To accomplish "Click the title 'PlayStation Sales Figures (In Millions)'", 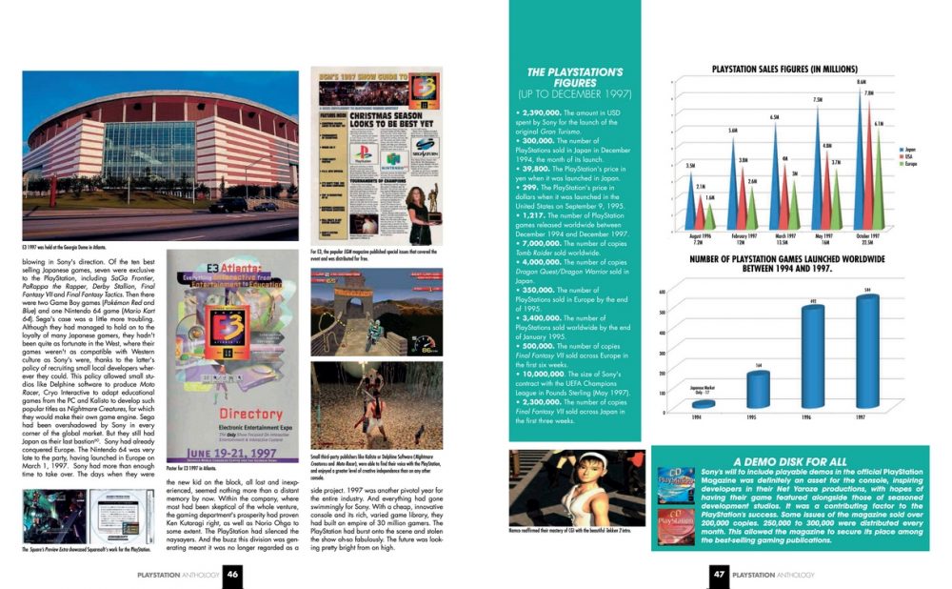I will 785,70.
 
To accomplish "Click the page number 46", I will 232,574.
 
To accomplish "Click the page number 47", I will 721,574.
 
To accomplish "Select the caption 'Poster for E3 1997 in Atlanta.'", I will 201,470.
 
